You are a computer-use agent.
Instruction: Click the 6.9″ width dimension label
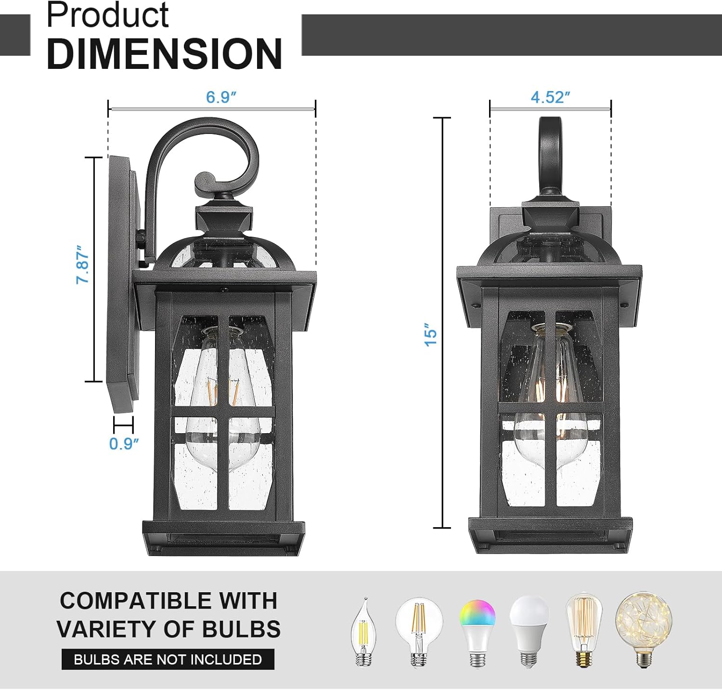(221, 97)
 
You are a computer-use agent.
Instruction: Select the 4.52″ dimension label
(550, 97)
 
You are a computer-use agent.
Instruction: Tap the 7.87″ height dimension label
(83, 265)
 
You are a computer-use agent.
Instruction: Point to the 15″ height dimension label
(430, 334)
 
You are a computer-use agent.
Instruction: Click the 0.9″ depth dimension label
(124, 443)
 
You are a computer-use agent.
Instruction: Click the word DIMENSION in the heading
(165, 53)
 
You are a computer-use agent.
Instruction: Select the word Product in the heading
(107, 15)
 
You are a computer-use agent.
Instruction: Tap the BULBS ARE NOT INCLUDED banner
(168, 659)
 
